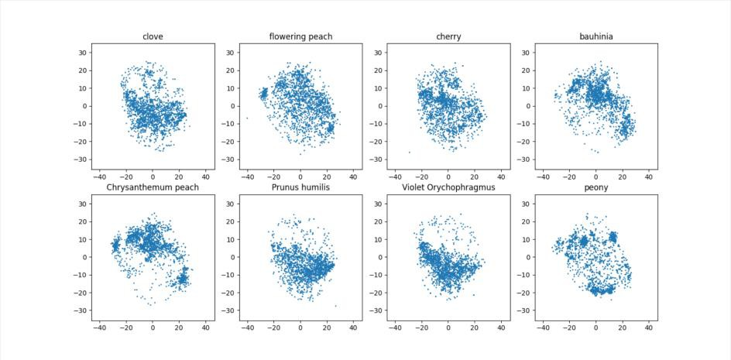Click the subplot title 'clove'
153,36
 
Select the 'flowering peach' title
300,36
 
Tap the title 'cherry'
448,36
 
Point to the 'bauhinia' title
596,36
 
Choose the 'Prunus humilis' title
300,187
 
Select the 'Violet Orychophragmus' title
448,187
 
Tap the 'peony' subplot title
596,187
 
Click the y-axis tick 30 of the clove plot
81,53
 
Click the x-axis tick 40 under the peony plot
649,328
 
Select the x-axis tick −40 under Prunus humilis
248,328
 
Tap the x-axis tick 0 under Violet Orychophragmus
448,328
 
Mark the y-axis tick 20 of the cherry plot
377,70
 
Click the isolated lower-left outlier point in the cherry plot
410,152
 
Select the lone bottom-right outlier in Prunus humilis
335,306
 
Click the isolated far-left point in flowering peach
247,118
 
